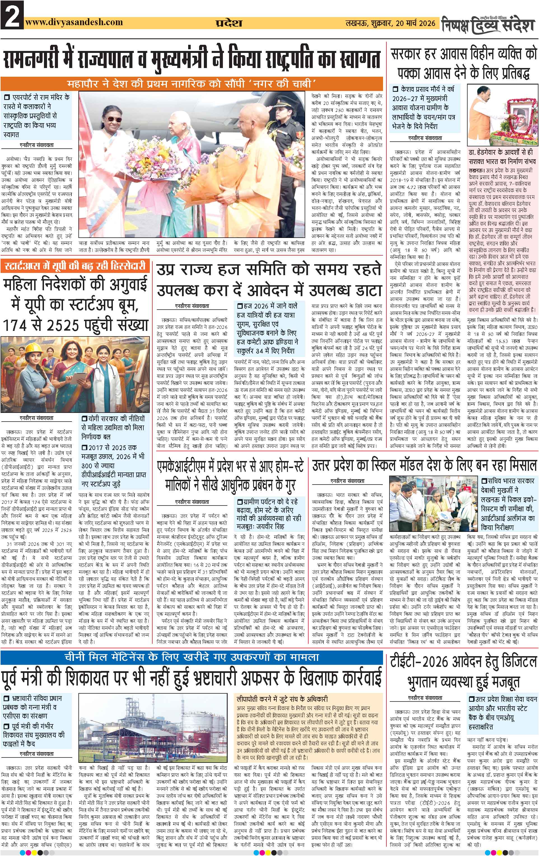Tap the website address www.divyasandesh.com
(x=74, y=22)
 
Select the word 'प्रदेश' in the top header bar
(x=228, y=23)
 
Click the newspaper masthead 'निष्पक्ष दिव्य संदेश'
(x=488, y=24)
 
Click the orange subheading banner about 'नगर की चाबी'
(x=192, y=84)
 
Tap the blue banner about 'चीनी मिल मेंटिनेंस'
(x=192, y=657)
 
